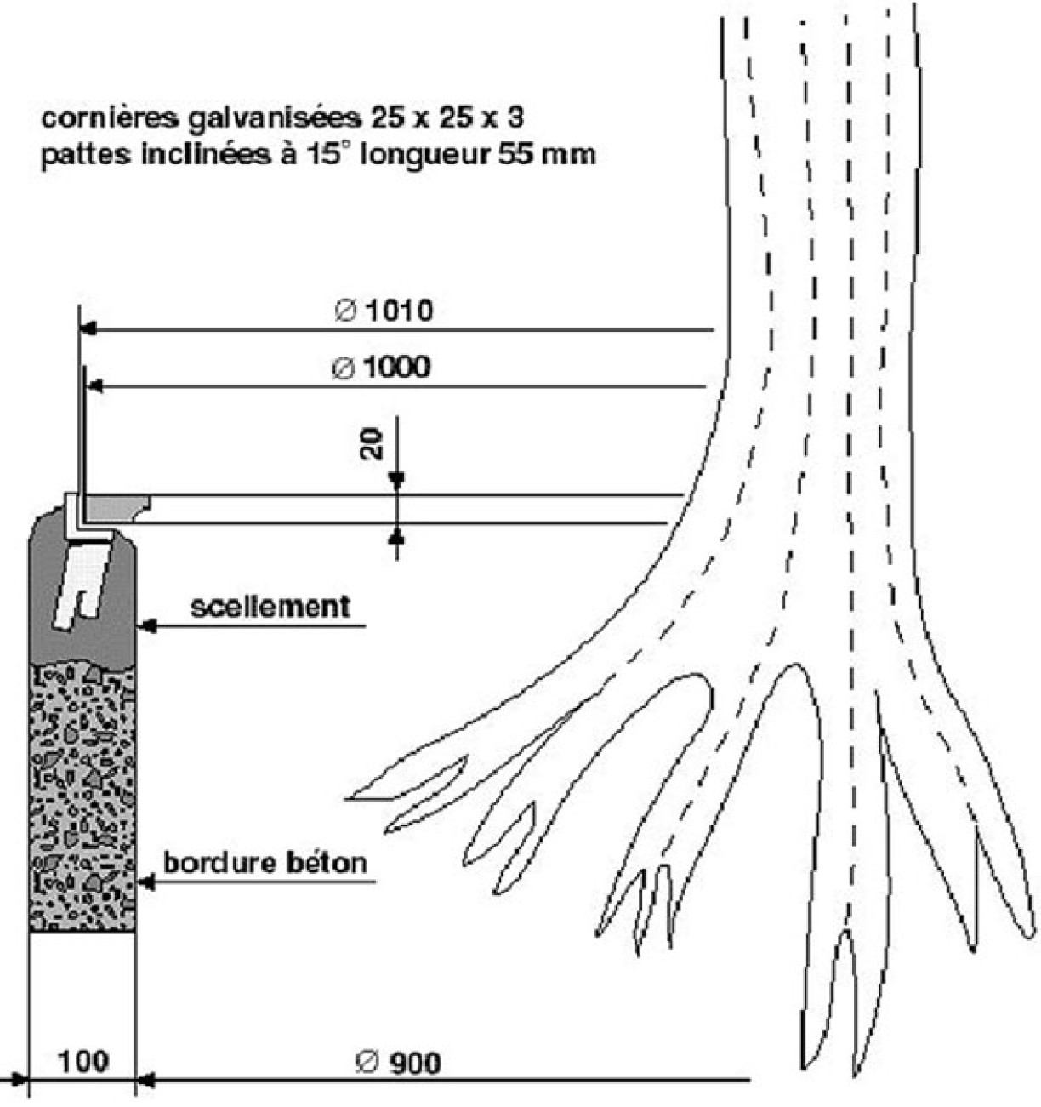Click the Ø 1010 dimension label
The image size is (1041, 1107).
point(384,311)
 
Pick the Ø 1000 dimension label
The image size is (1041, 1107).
point(381,368)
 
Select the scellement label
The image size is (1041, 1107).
point(270,607)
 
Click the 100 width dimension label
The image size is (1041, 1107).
point(84,1062)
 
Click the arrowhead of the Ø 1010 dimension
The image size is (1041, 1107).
point(88,329)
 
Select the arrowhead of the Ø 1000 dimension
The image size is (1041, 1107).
point(95,385)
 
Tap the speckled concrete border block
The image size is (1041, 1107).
point(82,797)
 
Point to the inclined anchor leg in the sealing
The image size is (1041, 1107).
point(82,585)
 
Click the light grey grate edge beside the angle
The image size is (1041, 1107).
point(117,508)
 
